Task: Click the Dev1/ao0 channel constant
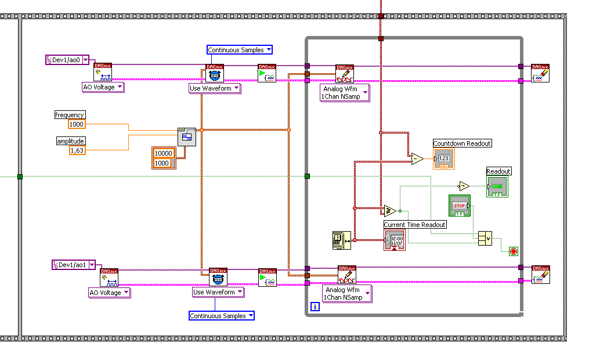pyautogui.click(x=67, y=60)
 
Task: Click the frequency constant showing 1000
pyautogui.click(x=76, y=124)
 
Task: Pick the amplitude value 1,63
pyautogui.click(x=77, y=150)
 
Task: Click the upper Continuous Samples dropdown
pyautogui.click(x=240, y=50)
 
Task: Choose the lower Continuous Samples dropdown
pyautogui.click(x=222, y=316)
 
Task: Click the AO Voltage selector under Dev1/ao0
pyautogui.click(x=103, y=87)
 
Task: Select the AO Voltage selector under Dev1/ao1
pyautogui.click(x=109, y=293)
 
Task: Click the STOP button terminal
pyautogui.click(x=460, y=206)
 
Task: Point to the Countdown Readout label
pyautogui.click(x=462, y=143)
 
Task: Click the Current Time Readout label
pyautogui.click(x=415, y=225)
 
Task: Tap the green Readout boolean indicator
pyautogui.click(x=497, y=186)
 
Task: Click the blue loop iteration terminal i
pyautogui.click(x=315, y=307)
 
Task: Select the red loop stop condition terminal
pyautogui.click(x=513, y=251)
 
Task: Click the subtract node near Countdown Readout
pyautogui.click(x=417, y=159)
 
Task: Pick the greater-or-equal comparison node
pyautogui.click(x=389, y=210)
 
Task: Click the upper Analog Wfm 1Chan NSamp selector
pyautogui.click(x=345, y=93)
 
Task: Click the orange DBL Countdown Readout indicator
pyautogui.click(x=443, y=159)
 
